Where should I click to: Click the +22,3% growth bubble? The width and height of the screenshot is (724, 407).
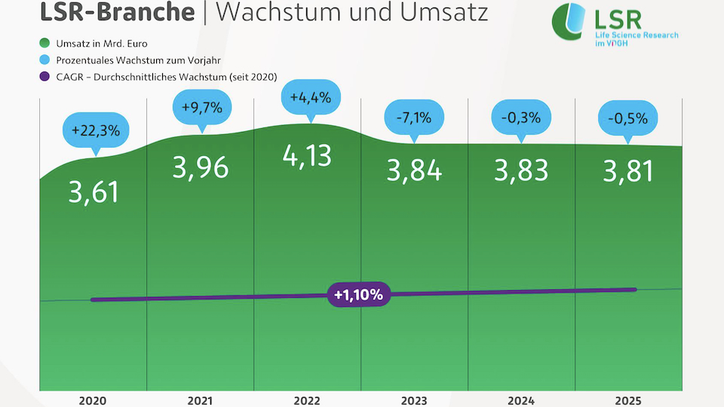pyautogui.click(x=96, y=130)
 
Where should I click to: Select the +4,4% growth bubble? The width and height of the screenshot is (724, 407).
pyautogui.click(x=311, y=97)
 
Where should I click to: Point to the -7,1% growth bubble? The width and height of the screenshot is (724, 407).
pyautogui.click(x=413, y=118)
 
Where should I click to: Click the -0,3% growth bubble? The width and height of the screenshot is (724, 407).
pyautogui.click(x=521, y=118)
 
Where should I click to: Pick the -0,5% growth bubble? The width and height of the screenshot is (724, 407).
pyautogui.click(x=628, y=118)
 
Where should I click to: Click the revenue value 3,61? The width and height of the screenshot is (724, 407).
pyautogui.click(x=94, y=192)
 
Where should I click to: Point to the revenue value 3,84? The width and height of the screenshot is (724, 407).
pyautogui.click(x=413, y=171)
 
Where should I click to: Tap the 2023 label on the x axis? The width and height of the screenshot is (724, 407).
pyautogui.click(x=414, y=399)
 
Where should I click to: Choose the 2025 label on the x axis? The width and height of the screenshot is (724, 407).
pyautogui.click(x=628, y=399)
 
